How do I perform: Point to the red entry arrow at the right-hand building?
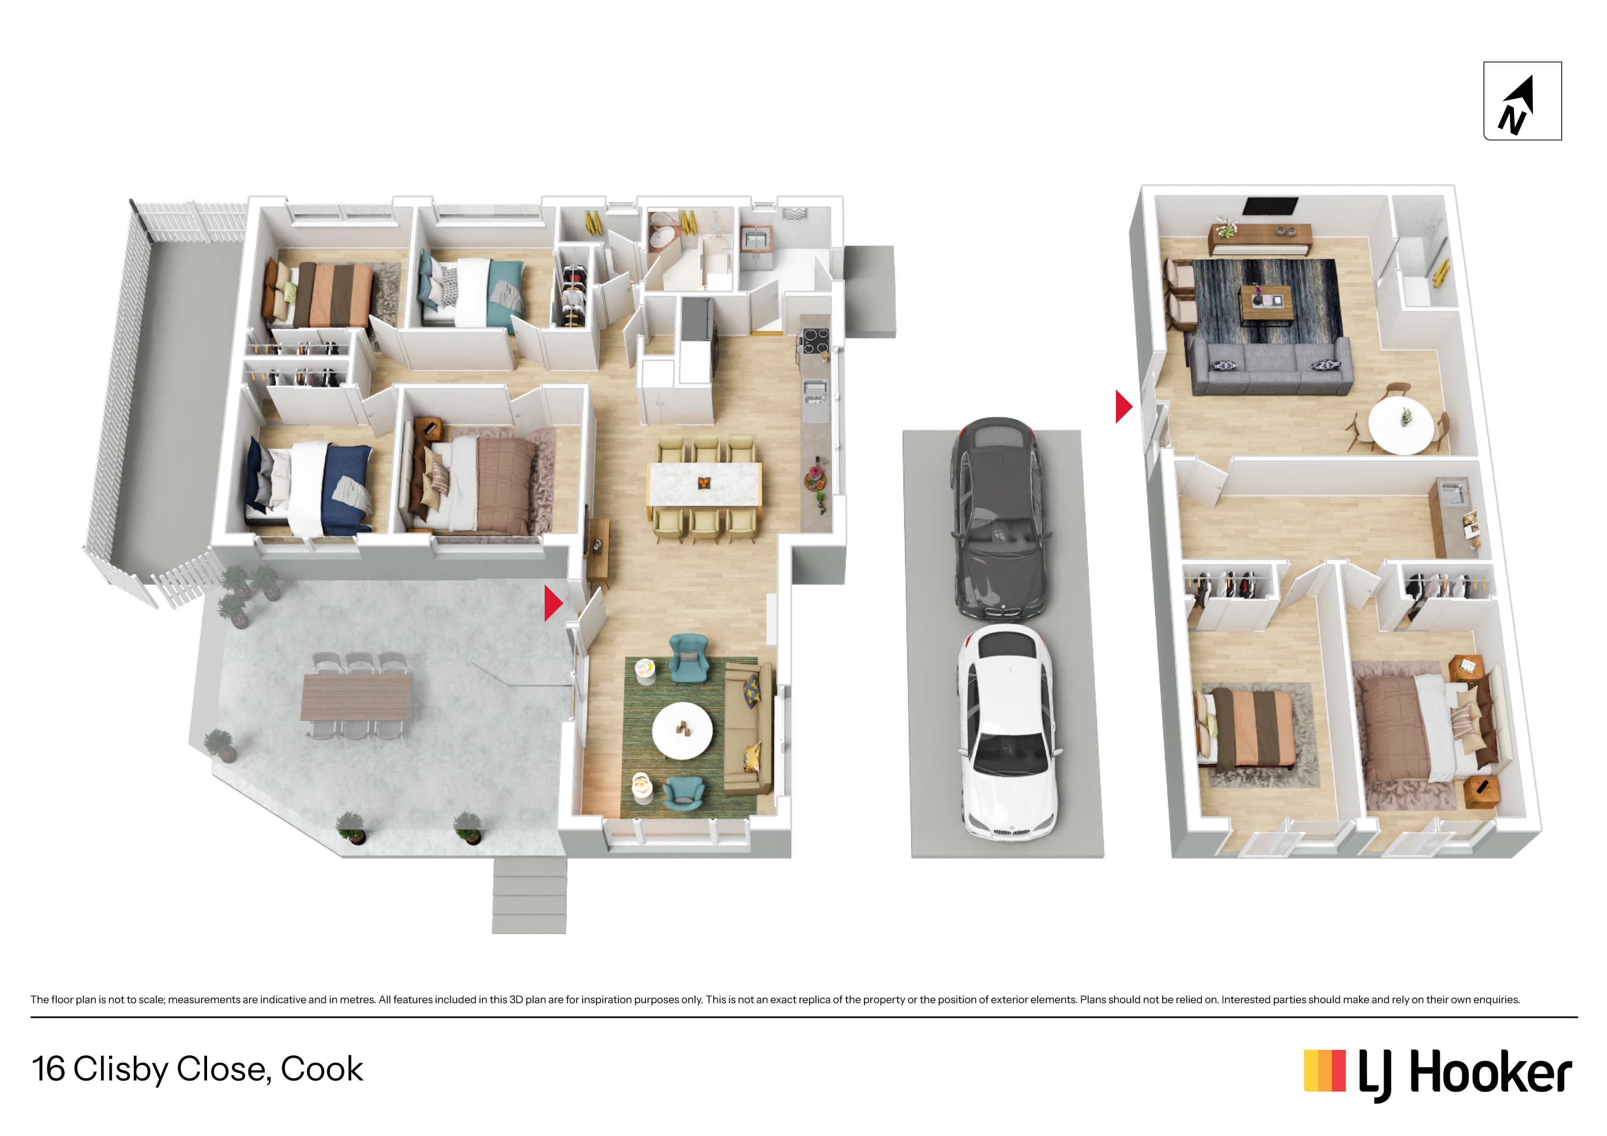1123,407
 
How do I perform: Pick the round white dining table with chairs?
1400,425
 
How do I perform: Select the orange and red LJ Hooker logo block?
1324,1071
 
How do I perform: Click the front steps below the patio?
529,896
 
